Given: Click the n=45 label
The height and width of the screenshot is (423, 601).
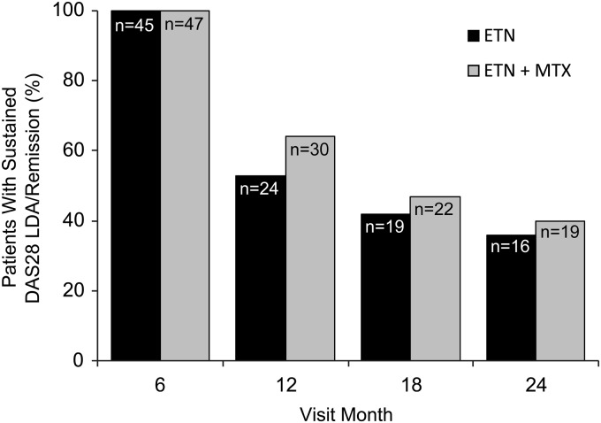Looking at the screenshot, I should click(x=135, y=25).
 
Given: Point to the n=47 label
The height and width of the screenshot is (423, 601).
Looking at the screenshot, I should click(x=186, y=25).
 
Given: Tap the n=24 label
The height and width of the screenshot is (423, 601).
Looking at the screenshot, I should click(x=260, y=188).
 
